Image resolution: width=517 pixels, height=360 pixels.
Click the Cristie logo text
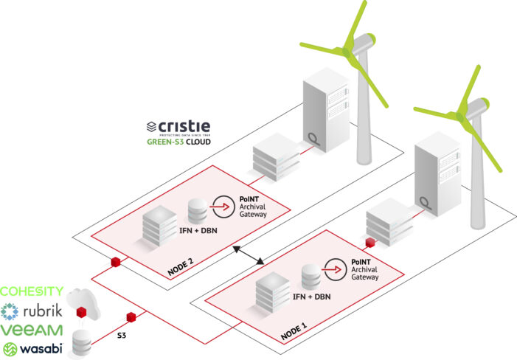(184, 125)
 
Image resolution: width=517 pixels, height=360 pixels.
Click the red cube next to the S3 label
(131, 317)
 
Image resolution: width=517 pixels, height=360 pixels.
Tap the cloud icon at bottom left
(78, 300)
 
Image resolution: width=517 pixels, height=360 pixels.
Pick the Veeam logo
(32, 330)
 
